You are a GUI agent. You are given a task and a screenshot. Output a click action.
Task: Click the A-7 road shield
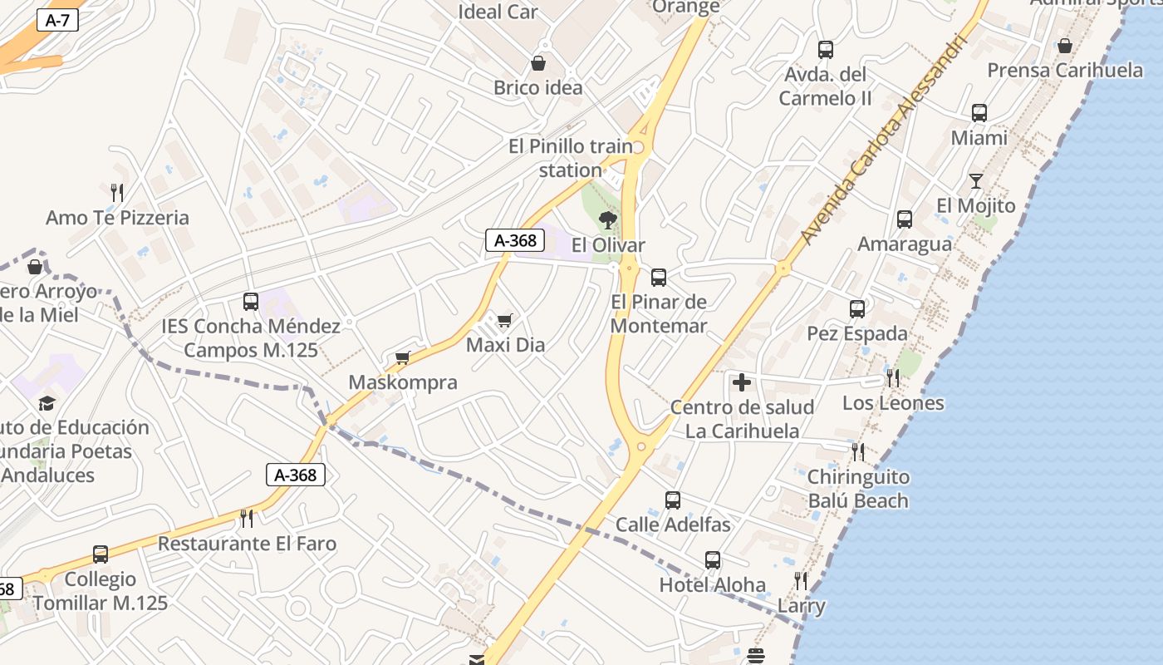click(57, 21)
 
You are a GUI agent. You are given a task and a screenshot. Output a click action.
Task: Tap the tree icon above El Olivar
click(608, 220)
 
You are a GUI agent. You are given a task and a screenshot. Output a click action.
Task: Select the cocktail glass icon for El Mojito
click(976, 180)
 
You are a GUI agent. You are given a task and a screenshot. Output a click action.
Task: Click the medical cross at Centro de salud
click(742, 382)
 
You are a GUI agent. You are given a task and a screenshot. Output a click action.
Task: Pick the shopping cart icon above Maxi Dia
click(504, 320)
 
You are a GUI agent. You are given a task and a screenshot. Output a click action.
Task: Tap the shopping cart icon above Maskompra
click(403, 357)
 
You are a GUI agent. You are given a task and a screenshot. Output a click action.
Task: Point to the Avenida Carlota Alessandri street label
click(886, 139)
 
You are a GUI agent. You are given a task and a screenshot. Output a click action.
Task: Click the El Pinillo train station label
click(570, 158)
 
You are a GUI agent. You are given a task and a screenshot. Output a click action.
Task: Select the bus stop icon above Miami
click(979, 113)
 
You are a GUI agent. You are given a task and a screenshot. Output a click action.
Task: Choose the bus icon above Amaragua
click(905, 219)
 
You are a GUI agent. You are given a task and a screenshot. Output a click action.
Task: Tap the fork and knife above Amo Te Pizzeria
click(117, 193)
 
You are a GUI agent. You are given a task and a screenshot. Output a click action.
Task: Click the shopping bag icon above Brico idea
click(538, 63)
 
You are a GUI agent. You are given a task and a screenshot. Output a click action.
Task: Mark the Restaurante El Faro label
click(247, 544)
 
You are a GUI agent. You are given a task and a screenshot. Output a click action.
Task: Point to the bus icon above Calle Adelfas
click(673, 500)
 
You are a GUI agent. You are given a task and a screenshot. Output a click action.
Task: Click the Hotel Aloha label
click(712, 584)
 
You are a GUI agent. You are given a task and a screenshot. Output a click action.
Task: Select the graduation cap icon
click(47, 403)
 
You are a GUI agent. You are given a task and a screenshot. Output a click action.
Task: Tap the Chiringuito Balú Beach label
click(858, 489)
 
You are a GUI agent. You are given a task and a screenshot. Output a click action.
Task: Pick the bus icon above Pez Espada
click(857, 309)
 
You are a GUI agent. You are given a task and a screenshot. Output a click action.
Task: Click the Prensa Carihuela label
click(1065, 70)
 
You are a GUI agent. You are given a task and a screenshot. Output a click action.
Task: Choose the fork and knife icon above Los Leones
click(893, 378)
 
